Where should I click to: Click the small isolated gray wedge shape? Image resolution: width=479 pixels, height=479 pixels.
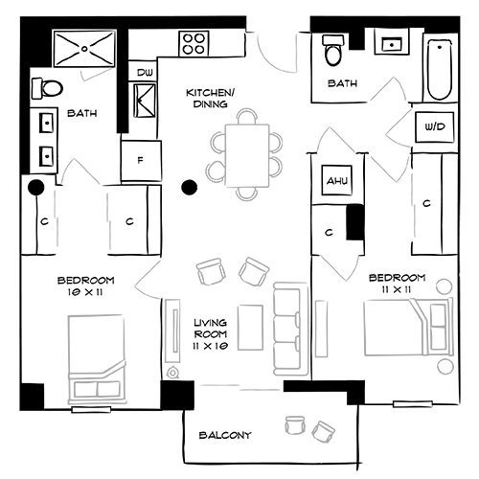pos(95,81)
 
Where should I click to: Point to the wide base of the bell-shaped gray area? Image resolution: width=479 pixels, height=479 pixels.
pos(86,225)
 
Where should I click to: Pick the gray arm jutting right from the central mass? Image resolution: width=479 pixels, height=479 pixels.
pos(331,134)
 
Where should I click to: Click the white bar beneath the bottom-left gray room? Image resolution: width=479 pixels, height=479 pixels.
pos(92,410)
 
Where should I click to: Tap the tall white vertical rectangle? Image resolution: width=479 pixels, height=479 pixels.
pos(173,331)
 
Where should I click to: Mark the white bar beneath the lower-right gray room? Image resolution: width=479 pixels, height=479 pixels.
pos(411,404)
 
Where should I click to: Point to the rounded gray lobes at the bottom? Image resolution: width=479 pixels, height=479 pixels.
pos(307,426)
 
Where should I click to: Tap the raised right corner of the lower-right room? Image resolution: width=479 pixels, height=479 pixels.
pos(442,283)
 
